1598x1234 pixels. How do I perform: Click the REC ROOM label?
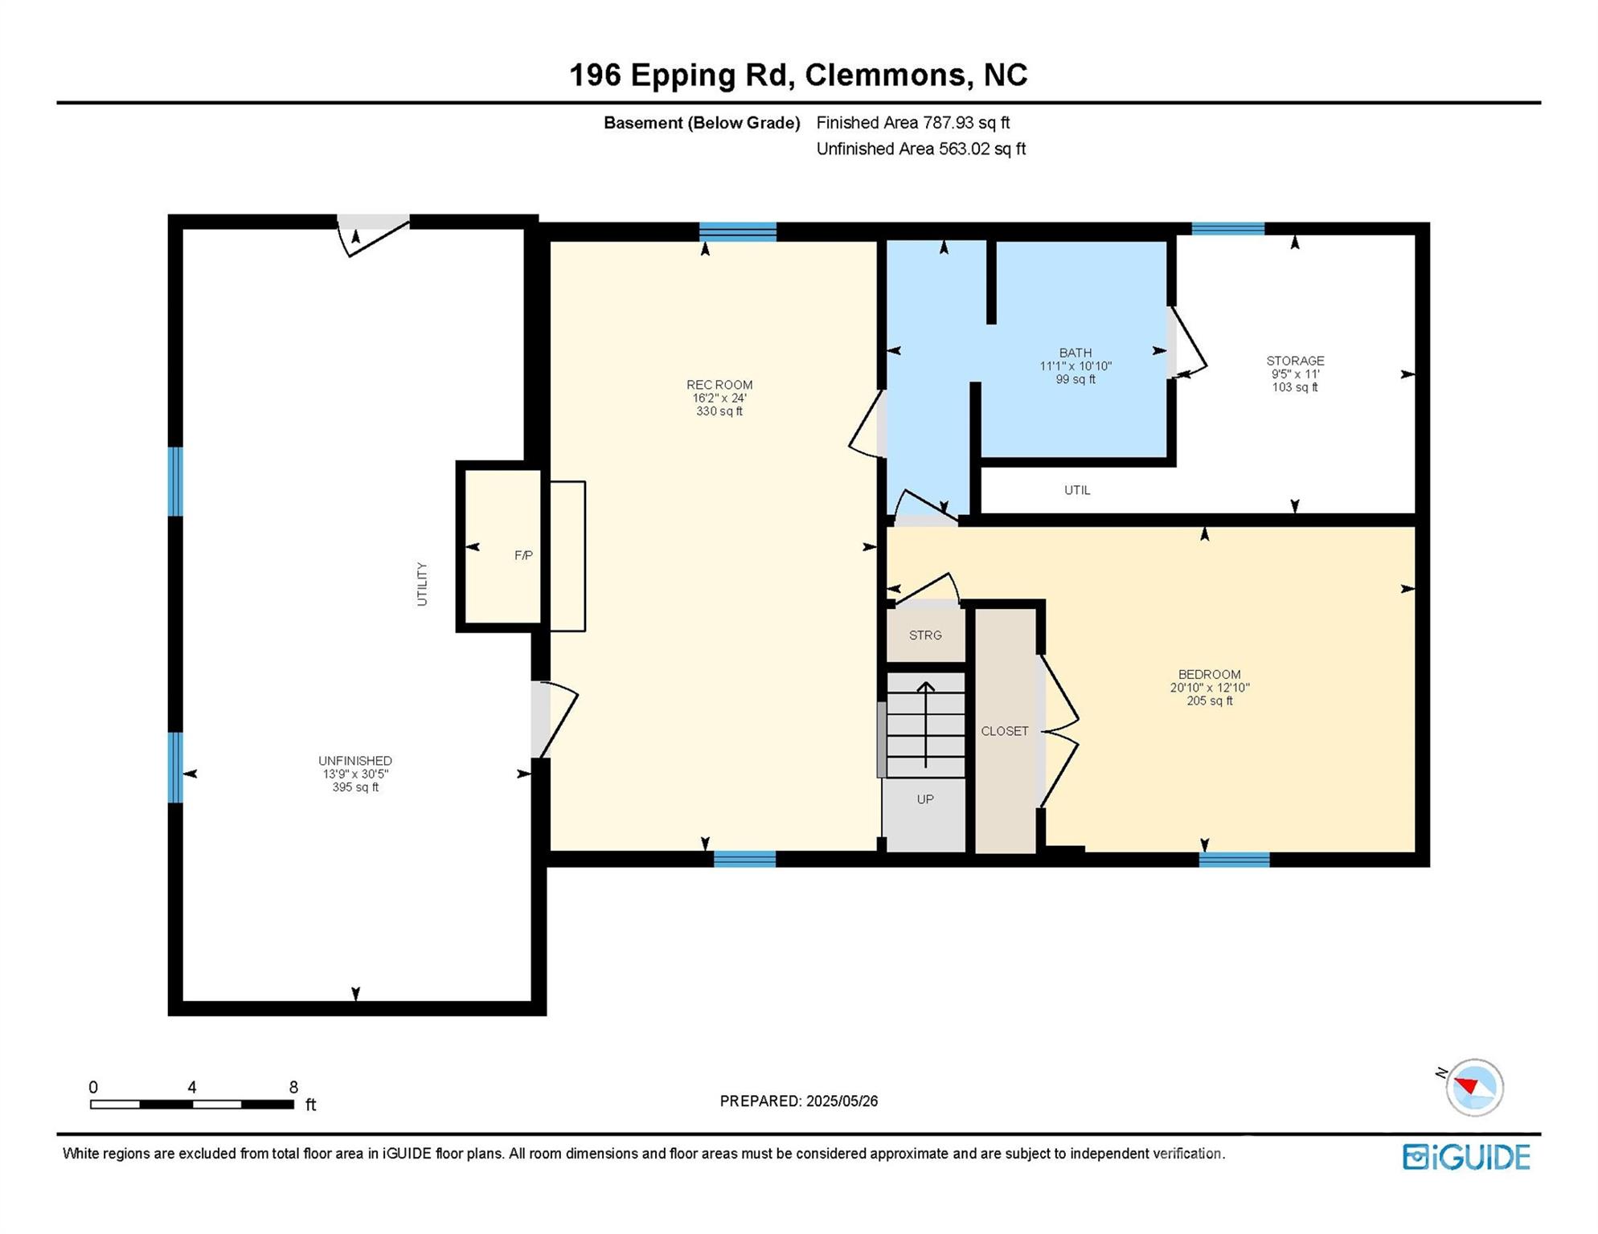tap(719, 385)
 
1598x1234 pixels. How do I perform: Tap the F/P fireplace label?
tap(523, 555)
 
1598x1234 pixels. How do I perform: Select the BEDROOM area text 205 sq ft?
tap(1209, 701)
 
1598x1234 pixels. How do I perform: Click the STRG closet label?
tap(924, 635)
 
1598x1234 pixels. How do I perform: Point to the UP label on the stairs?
tap(924, 799)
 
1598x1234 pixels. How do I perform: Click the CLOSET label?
tap(1004, 731)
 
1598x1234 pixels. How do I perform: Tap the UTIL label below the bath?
tap(1076, 490)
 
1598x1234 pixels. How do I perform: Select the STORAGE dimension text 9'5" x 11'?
tap(1294, 374)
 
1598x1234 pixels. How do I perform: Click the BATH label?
tap(1075, 353)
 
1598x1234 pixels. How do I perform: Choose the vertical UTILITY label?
tap(422, 584)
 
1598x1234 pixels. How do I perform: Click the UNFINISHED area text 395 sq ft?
tap(355, 787)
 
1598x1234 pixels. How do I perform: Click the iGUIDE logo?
tap(1466, 1157)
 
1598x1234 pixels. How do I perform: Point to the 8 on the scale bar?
tap(293, 1087)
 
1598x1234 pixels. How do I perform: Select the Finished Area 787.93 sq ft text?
tap(912, 123)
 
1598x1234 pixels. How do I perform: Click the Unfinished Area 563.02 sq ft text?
tap(920, 149)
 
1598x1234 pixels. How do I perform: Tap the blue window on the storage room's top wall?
tap(1227, 229)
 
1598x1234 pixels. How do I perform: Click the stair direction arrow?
tap(925, 723)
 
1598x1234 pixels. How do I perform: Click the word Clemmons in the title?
tap(885, 75)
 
